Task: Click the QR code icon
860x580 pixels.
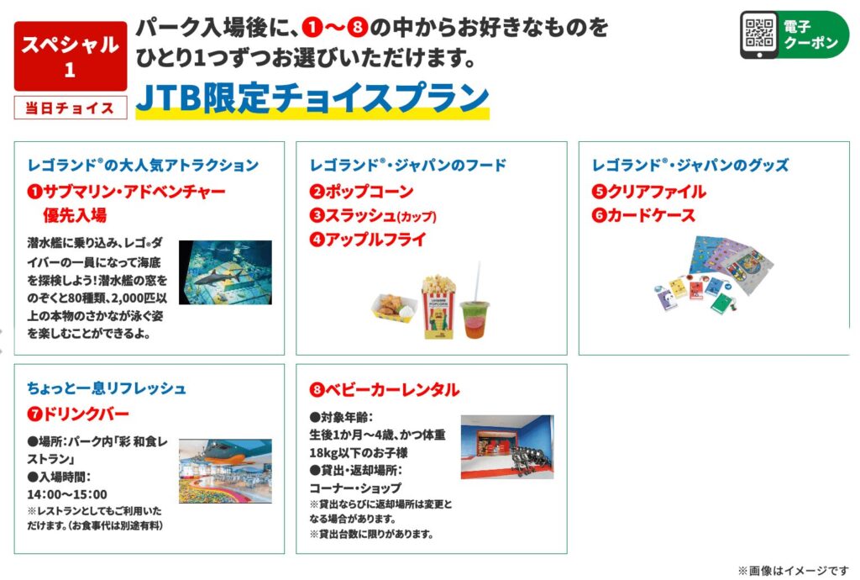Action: click(x=759, y=33)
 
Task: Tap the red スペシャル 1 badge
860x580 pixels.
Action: click(x=71, y=56)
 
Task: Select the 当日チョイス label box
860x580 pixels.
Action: click(x=71, y=108)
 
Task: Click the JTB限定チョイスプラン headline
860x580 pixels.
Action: click(x=312, y=98)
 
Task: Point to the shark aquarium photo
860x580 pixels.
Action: click(x=225, y=272)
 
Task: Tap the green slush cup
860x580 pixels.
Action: click(x=475, y=319)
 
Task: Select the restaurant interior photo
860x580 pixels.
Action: click(x=225, y=471)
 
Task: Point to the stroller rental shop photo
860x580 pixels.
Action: click(x=507, y=446)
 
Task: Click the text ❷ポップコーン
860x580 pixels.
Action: click(x=361, y=191)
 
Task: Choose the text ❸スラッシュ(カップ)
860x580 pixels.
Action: click(x=373, y=215)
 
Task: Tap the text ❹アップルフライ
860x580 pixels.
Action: click(x=368, y=240)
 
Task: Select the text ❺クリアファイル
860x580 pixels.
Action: click(x=649, y=191)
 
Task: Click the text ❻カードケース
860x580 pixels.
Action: click(x=643, y=215)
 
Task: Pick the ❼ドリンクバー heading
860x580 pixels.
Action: click(x=78, y=414)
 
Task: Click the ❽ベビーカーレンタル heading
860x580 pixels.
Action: click(x=385, y=389)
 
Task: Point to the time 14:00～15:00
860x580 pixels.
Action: click(x=67, y=494)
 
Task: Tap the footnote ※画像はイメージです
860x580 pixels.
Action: click(x=793, y=571)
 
